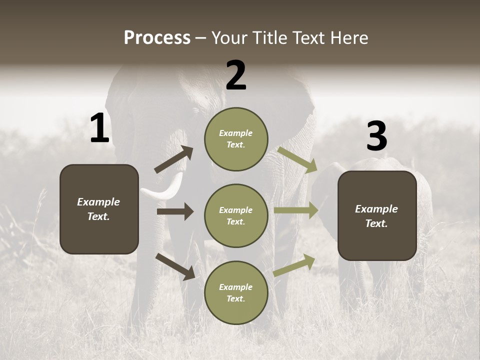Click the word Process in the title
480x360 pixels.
(157, 38)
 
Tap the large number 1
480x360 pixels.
(99, 128)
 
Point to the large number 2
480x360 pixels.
(236, 75)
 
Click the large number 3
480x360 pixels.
(376, 136)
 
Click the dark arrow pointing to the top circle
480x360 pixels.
(174, 159)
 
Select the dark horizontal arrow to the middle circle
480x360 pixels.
(175, 211)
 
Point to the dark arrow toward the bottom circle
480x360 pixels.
(175, 266)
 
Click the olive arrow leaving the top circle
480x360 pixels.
(297, 159)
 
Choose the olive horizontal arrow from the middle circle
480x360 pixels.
(296, 210)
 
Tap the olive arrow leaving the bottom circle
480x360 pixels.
(294, 265)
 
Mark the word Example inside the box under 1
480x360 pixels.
(98, 202)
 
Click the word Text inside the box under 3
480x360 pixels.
(376, 223)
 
